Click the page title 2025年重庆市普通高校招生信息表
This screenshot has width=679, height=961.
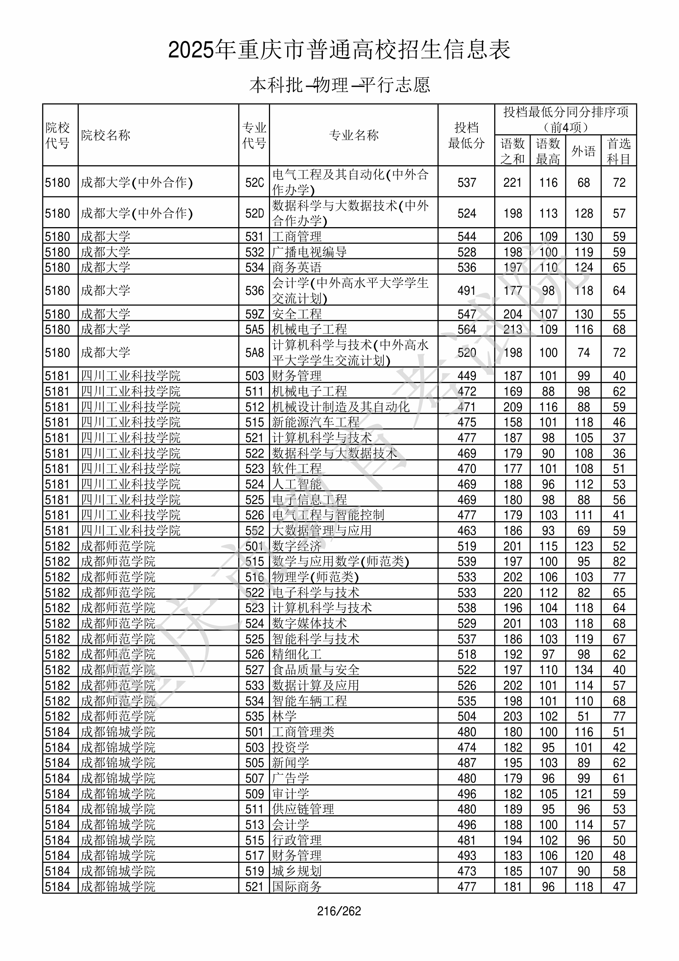(x=339, y=50)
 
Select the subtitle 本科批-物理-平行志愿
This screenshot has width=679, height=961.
(x=339, y=85)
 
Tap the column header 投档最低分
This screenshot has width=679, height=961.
(x=466, y=135)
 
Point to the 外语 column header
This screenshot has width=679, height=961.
(x=583, y=151)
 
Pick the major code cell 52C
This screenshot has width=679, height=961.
(x=254, y=183)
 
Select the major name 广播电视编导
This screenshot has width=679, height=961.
(x=309, y=252)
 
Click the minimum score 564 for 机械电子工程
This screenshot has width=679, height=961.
(x=466, y=329)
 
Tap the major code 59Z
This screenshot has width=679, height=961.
(x=254, y=314)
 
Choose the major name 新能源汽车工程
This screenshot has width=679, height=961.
(x=316, y=422)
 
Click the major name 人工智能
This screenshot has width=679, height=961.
(x=297, y=484)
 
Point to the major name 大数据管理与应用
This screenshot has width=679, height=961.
(x=322, y=530)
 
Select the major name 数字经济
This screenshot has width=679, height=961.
(x=297, y=546)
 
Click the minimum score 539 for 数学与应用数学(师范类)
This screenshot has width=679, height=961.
(x=466, y=561)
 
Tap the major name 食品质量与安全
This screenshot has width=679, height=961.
(x=316, y=670)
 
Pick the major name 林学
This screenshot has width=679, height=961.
(x=284, y=716)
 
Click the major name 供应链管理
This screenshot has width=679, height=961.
(x=303, y=809)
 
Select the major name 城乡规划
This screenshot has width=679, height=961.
(x=297, y=871)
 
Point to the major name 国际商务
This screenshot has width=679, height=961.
(x=297, y=886)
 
